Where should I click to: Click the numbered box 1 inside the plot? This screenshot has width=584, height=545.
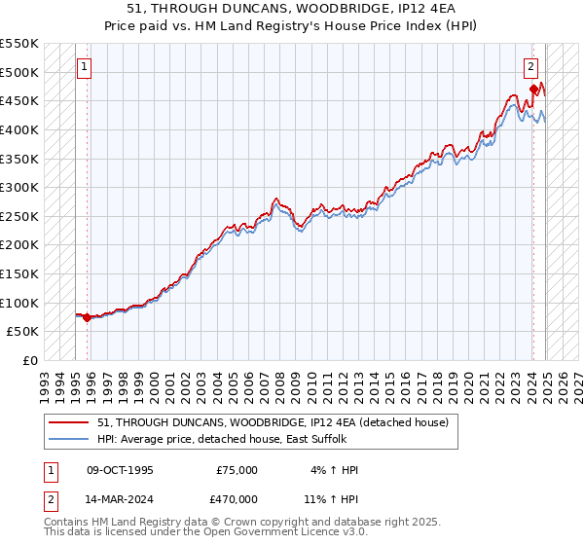[85, 67]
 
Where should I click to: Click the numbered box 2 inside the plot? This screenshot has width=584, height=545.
[530, 67]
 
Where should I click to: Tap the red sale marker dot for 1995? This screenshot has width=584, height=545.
[88, 317]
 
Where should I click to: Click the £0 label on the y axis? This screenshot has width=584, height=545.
[30, 360]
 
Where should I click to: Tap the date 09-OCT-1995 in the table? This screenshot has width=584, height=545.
[120, 470]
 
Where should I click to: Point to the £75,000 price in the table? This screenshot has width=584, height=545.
[237, 470]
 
